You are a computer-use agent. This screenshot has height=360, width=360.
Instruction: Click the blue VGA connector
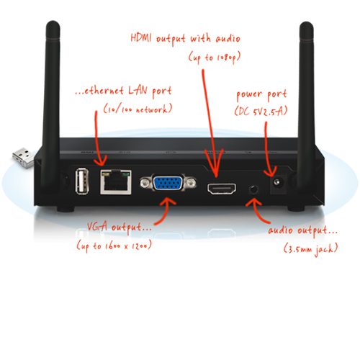(168, 183)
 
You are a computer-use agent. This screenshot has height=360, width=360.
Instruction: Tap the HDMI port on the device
(222, 189)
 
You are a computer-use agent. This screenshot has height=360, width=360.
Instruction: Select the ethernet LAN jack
(116, 182)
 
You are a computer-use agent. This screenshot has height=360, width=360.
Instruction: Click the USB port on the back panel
(82, 181)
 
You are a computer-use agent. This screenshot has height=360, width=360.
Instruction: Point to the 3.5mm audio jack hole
(253, 189)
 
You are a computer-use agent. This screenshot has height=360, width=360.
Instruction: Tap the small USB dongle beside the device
(24, 157)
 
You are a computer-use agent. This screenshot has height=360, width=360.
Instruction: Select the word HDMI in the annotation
(141, 38)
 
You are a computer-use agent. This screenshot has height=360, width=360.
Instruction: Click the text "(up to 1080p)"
(215, 58)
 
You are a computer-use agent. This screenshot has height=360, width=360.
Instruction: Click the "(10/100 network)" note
(138, 109)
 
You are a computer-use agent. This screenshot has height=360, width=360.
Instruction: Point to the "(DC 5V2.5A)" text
(261, 111)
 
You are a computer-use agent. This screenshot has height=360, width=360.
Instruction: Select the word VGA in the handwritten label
(97, 226)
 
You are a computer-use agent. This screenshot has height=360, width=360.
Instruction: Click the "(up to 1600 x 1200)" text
(114, 246)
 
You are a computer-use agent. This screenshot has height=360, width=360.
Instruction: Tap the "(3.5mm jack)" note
(311, 248)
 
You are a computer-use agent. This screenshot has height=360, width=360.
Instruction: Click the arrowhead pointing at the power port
(271, 173)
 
